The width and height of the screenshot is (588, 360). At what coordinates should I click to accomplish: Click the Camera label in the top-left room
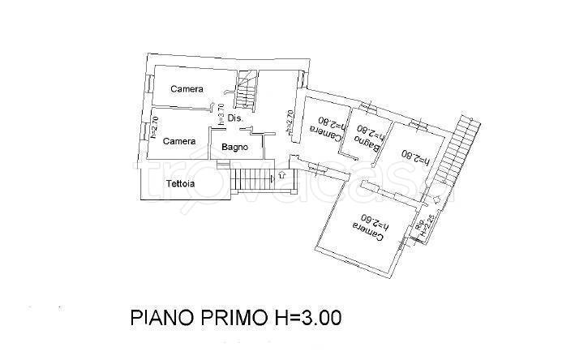(x=187, y=89)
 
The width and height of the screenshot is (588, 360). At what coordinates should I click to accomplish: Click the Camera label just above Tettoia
(x=178, y=141)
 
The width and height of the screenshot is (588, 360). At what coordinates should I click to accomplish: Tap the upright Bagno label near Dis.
(x=234, y=148)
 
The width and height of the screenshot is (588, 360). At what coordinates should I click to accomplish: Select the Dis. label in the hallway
(x=235, y=118)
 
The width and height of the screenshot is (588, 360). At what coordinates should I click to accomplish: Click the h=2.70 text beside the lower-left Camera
(x=154, y=127)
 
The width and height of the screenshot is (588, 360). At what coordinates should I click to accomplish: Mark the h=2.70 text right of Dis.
(x=288, y=122)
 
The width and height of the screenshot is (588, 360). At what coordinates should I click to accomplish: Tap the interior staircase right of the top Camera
(x=247, y=88)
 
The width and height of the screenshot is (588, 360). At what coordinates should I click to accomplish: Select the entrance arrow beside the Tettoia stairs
(x=281, y=174)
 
